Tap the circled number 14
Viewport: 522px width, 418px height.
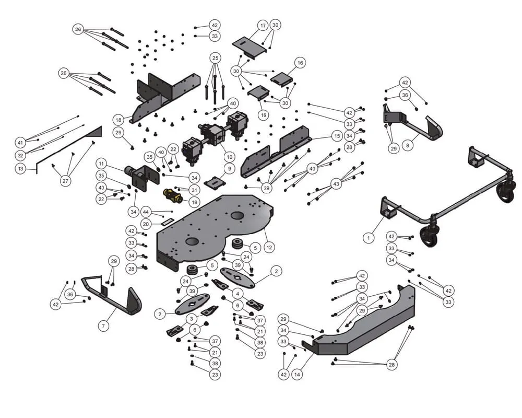point(297,374)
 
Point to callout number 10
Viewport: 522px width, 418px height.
point(228,156)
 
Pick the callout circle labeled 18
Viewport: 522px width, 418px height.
point(118,119)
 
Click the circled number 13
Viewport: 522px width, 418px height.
point(20,168)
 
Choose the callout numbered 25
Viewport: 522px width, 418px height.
point(215,57)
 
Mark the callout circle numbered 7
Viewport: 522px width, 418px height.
point(103,326)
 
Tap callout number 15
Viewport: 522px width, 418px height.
point(337,136)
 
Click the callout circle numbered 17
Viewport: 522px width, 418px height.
point(263,25)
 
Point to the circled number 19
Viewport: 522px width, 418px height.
point(194,202)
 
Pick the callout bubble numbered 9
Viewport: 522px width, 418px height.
point(228,168)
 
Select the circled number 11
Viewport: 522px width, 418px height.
point(101,163)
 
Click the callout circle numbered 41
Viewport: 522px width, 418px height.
point(20,142)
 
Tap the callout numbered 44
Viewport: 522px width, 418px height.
point(146,212)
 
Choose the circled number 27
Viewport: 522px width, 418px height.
point(65,181)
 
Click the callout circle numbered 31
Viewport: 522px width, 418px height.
point(194,190)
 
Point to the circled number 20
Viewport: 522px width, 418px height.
point(146,224)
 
